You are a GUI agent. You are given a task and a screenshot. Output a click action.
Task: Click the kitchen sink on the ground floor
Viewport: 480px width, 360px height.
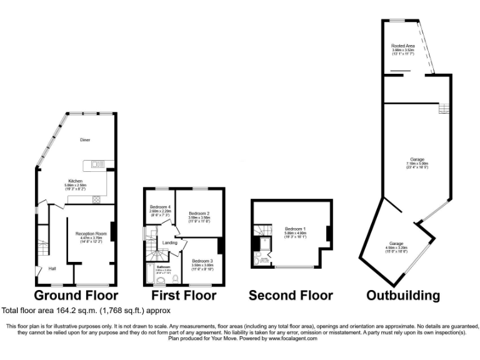(97, 164)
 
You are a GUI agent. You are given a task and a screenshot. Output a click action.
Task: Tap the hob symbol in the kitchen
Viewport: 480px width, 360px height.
(97, 199)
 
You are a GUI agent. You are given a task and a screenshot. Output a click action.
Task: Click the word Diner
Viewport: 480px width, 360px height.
(86, 140)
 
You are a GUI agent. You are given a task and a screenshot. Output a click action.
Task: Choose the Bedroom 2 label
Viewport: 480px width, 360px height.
(199, 212)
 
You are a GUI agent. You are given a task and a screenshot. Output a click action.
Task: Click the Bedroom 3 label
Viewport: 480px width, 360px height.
(202, 261)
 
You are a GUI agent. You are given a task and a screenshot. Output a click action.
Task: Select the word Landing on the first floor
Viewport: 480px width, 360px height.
(169, 242)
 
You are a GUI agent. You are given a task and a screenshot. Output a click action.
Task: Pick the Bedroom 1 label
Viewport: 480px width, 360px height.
(294, 228)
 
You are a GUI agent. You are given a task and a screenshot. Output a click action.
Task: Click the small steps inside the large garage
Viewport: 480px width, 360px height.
(444, 109)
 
